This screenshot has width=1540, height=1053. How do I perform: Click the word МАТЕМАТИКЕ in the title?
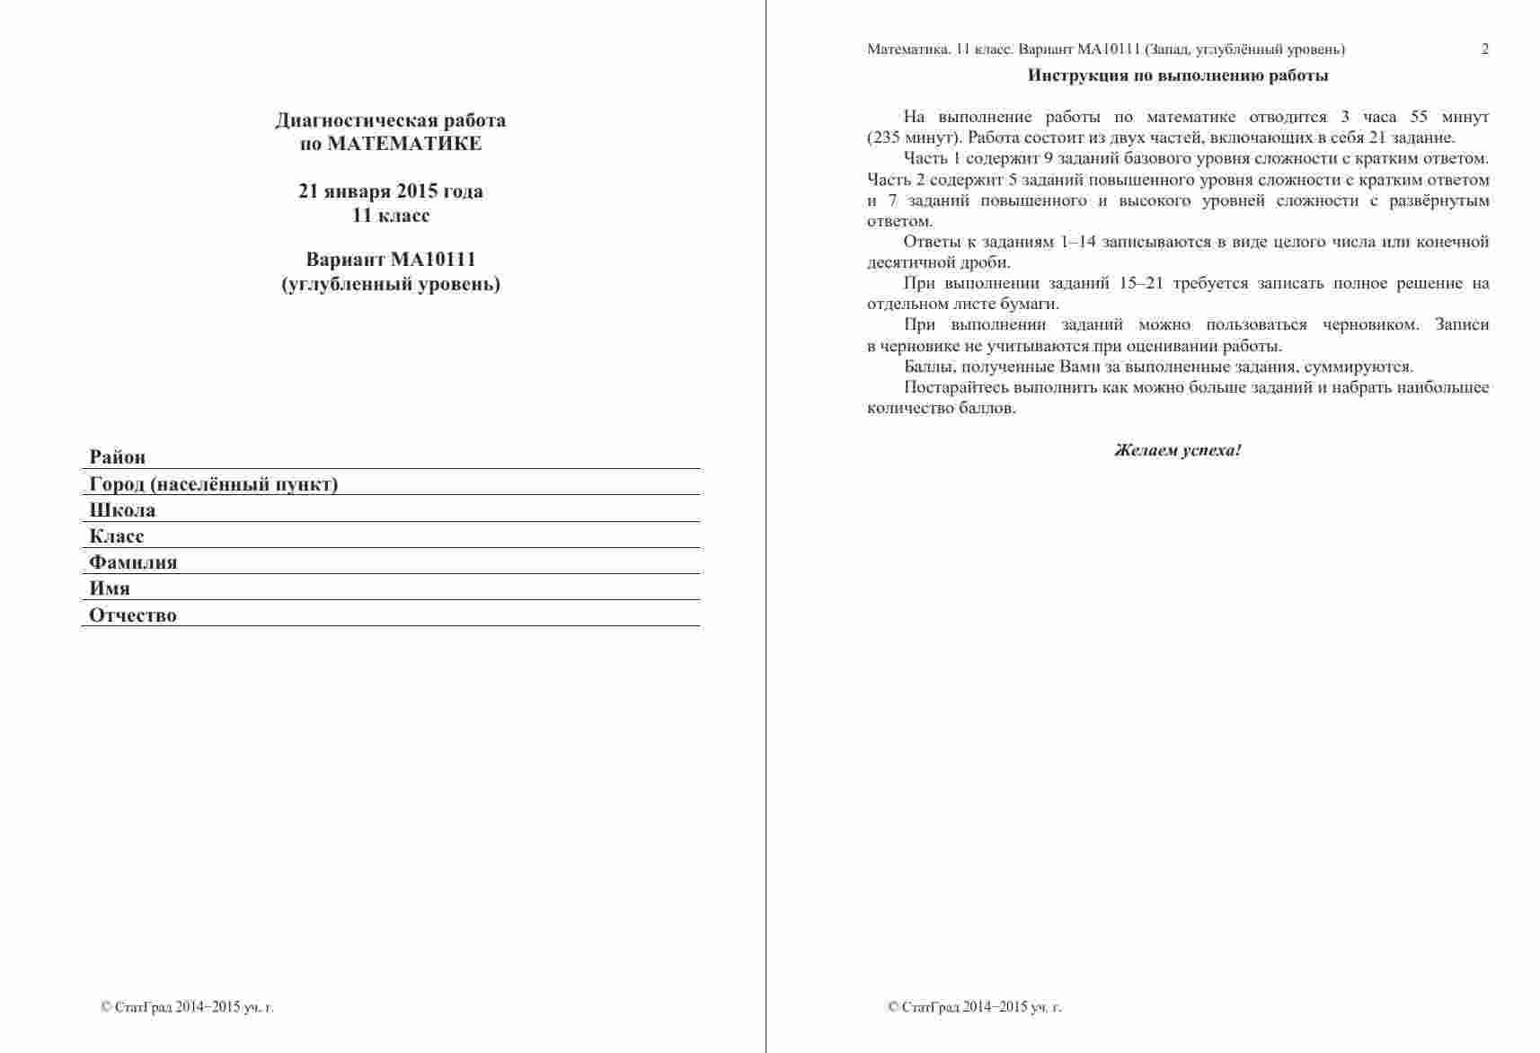pos(404,144)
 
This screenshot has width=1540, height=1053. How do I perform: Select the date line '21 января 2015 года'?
pos(391,191)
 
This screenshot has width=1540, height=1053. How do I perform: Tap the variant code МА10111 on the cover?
pos(433,260)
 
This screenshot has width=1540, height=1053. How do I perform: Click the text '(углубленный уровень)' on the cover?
pos(391,285)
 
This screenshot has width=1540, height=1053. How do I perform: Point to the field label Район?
pos(118,457)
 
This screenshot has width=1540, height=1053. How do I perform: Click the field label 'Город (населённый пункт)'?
pos(214,484)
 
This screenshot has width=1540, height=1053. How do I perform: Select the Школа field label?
pos(122,510)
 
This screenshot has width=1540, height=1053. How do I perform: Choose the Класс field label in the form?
pos(117,536)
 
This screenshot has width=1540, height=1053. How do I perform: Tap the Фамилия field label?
pos(133,562)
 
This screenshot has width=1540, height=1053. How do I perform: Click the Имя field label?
pos(110,588)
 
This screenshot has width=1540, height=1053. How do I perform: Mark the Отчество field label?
pos(133,615)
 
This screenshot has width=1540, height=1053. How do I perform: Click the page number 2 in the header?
pos(1485,49)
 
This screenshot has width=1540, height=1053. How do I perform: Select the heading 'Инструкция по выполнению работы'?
pos(1178,75)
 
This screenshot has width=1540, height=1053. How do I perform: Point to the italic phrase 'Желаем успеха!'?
pos(1178,450)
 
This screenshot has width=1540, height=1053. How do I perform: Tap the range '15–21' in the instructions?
pos(1141,283)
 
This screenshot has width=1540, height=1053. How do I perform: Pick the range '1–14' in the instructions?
pos(1078,242)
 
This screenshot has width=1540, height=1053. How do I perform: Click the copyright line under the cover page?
pos(188,1007)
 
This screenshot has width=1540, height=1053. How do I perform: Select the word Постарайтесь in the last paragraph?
pos(956,387)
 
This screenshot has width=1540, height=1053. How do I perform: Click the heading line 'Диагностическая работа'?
pos(391,120)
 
